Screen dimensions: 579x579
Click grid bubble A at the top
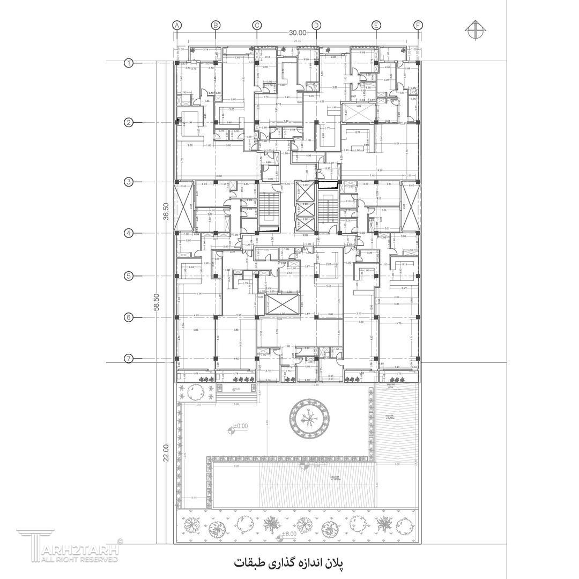coord(177,25)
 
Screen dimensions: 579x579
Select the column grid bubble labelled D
coord(316,25)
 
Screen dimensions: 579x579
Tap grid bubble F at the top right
coord(418,25)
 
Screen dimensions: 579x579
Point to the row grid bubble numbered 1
coord(129,63)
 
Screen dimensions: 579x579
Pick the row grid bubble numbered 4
coord(129,233)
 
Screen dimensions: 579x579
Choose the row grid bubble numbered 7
coord(129,359)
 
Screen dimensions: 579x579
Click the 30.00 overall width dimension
coord(298,33)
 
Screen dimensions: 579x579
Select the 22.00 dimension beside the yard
coord(166,452)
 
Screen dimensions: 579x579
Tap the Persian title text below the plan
coord(288,563)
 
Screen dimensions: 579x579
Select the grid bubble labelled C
coord(257,25)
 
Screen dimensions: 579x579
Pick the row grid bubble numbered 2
coord(129,122)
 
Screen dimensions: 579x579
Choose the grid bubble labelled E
coord(376,25)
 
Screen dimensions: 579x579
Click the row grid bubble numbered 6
coord(129,317)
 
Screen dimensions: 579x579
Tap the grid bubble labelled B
coord(216,25)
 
